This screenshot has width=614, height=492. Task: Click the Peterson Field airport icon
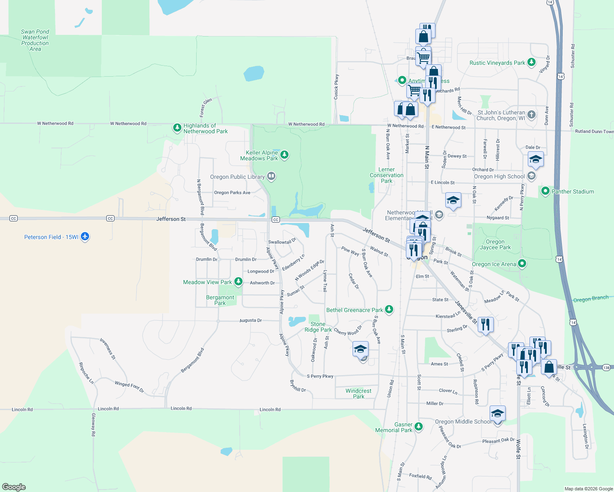point(85,237)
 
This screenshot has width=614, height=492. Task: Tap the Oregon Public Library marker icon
point(271,177)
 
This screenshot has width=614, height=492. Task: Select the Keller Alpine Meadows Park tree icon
point(284,155)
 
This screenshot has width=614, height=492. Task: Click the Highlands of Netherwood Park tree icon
point(177,128)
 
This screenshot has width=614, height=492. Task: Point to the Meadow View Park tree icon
point(238,282)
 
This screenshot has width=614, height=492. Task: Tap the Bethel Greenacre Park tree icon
point(389,310)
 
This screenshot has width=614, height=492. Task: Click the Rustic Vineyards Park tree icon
point(532,62)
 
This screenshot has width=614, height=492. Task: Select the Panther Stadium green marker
point(545,191)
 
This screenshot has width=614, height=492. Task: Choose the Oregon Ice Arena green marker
point(522,264)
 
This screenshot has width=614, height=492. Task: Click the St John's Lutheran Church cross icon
point(532,115)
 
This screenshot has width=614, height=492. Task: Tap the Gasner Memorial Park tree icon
point(419,427)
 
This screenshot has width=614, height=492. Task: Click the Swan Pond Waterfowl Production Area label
point(35,40)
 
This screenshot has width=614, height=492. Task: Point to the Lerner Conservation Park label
point(387,175)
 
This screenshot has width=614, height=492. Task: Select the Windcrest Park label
point(358,394)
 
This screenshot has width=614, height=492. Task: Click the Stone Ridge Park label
point(318,327)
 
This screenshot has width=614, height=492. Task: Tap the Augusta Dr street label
point(250,320)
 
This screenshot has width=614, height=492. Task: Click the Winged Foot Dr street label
point(129,387)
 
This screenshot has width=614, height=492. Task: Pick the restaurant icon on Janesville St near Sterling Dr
point(486,325)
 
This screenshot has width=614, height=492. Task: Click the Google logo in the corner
point(14,487)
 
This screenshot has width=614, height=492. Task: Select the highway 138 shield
point(607,368)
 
